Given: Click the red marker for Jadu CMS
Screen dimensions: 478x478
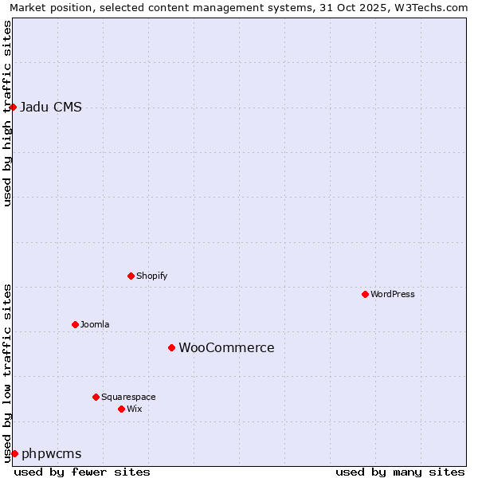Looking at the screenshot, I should click(13, 107).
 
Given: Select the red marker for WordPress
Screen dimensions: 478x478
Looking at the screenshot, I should click(365, 294).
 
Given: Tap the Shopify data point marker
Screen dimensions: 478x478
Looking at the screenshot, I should click(131, 276).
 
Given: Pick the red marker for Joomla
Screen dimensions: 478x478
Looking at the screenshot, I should click(75, 324).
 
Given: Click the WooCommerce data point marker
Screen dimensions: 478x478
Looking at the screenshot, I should click(171, 347).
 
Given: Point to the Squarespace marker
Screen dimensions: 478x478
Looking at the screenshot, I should click(96, 397).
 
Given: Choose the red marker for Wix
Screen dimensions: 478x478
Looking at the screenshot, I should click(121, 409).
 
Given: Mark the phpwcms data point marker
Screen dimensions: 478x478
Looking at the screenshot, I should click(14, 453).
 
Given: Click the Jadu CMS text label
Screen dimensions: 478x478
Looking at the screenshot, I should click(50, 108).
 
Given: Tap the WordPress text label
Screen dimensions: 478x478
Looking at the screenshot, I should click(393, 294).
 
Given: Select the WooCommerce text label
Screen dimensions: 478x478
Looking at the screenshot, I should click(226, 348).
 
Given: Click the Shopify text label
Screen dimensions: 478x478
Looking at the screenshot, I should click(151, 276).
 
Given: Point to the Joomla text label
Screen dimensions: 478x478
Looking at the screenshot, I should click(95, 324).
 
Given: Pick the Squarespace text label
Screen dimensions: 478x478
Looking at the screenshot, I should click(128, 397).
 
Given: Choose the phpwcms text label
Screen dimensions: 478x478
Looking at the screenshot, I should click(51, 454).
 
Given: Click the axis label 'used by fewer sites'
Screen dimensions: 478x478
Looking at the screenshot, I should click(82, 472).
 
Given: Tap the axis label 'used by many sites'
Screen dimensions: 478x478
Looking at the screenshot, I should click(400, 472).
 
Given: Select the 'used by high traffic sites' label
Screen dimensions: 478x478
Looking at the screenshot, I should click(8, 113).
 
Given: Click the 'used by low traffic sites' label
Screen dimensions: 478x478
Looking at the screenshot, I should click(8, 373).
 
